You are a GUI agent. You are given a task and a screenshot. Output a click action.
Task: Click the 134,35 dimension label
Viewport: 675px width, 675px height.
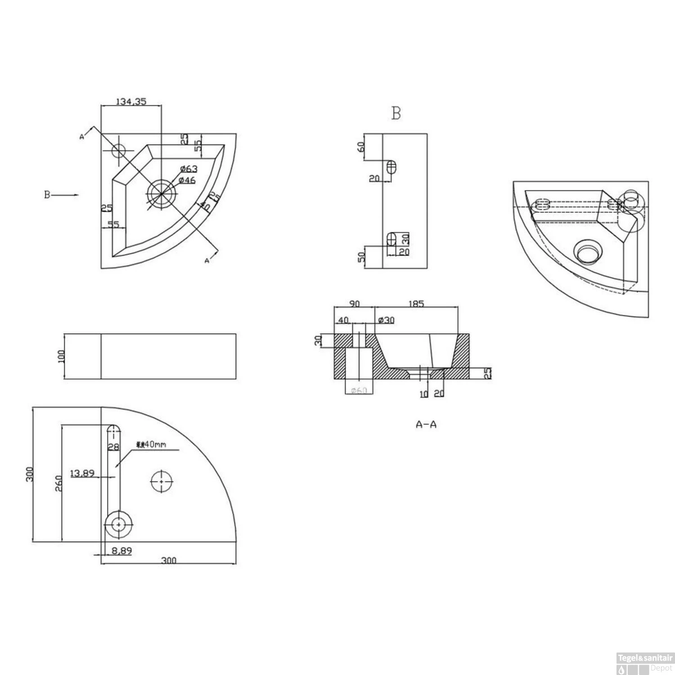click(131, 102)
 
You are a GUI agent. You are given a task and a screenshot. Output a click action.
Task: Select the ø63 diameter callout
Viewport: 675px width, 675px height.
click(189, 169)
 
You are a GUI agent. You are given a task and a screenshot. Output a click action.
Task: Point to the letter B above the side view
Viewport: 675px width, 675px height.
click(396, 113)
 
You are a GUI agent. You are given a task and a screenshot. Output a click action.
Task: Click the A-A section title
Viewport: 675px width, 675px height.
click(426, 424)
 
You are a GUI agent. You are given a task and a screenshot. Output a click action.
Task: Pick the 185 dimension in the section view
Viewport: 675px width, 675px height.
click(416, 304)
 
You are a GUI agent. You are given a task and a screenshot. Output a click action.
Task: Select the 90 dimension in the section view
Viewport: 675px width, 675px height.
click(354, 304)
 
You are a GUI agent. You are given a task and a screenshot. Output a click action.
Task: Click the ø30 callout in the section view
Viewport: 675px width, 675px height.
click(387, 320)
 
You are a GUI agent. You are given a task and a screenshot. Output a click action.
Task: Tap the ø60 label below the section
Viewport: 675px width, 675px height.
click(359, 390)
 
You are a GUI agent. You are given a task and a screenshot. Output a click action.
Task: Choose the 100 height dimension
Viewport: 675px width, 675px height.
click(62, 356)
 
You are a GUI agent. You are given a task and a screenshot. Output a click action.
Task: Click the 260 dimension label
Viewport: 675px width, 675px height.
click(58, 483)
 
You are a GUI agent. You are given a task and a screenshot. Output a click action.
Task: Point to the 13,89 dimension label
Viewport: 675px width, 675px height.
click(82, 473)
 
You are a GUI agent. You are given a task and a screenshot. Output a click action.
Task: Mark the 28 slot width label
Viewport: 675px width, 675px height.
click(113, 446)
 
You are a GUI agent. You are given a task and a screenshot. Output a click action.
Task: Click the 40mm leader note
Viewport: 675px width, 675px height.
click(151, 445)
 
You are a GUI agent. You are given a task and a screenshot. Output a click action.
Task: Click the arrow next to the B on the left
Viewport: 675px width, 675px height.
click(67, 195)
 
